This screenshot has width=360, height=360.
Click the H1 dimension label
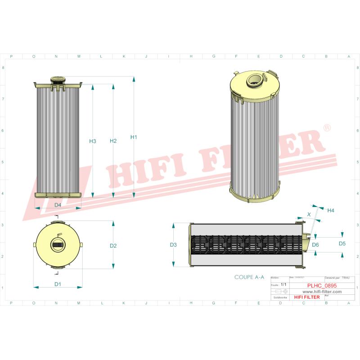tap(134, 137)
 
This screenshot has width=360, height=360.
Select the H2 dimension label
tap(113, 141)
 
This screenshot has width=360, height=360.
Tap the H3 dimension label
tap(93, 141)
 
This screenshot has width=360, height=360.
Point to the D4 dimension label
tap(58, 205)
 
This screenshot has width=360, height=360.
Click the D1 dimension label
tap(58, 284)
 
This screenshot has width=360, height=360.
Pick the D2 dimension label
tap(113, 246)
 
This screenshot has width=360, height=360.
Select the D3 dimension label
tap(173, 245)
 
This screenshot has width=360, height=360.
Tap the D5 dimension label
tap(342, 243)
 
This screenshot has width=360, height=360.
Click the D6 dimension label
tap(315, 244)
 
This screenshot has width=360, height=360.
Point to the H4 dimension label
tap(330, 210)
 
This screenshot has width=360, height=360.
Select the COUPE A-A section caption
tap(249, 278)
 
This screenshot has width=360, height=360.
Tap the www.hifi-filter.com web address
tap(319, 292)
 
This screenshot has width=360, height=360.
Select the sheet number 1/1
tap(283, 285)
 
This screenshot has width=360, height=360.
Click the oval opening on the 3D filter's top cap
tap(254, 81)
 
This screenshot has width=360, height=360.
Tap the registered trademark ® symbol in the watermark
tap(327, 128)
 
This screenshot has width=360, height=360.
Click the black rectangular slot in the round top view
tap(58, 244)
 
